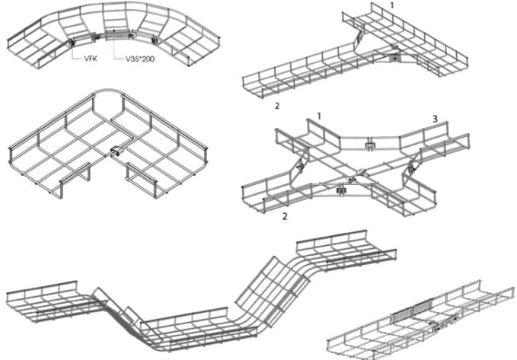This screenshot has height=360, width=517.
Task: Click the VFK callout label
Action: click(91, 59)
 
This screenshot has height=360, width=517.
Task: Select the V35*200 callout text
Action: click(140, 59)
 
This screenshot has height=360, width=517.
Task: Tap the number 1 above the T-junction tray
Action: click(392, 5)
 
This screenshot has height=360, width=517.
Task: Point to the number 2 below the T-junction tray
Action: click(277, 106)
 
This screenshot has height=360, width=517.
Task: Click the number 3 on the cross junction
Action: click(435, 119)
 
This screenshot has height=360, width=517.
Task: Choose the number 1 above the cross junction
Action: click(319, 116)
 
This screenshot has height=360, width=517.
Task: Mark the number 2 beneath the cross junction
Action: click(285, 216)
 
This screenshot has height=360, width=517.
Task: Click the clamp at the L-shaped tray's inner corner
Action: click(116, 152)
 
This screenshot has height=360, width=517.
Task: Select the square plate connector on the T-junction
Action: click(394, 58)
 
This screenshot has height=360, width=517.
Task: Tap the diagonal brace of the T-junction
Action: click(358, 40)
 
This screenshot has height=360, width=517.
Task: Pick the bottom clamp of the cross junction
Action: click(340, 190)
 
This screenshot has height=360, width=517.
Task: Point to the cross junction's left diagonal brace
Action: click(301, 164)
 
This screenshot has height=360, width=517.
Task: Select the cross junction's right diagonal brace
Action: click(411, 167)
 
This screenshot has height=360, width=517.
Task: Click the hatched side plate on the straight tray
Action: click(412, 311)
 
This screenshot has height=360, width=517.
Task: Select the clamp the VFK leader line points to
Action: click(72, 42)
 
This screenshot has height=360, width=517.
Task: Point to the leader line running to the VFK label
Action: click(76, 53)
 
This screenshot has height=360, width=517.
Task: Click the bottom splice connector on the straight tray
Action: click(443, 324)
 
